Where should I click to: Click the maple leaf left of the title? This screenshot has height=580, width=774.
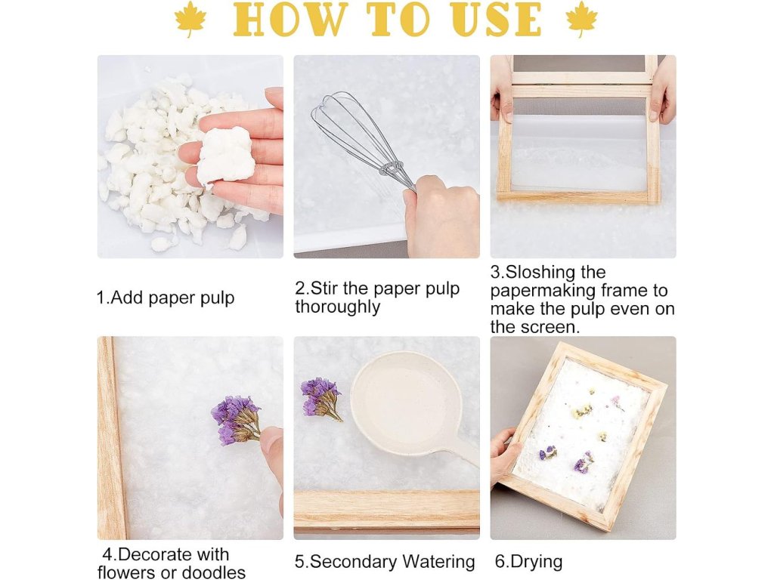190,19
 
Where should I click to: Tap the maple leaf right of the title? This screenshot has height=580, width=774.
581,19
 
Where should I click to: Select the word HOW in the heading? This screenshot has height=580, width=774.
288,20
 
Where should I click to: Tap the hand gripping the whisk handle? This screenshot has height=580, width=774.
441,217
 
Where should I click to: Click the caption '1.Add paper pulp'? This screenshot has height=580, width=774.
166,298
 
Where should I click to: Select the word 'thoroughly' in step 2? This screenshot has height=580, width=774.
338,307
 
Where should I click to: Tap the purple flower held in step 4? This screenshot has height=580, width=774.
236,420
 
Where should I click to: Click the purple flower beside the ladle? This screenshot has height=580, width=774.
321,399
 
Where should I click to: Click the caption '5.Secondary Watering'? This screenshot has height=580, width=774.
385,562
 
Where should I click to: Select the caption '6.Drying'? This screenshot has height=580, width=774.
528,562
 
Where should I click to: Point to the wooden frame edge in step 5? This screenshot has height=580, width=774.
386,509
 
